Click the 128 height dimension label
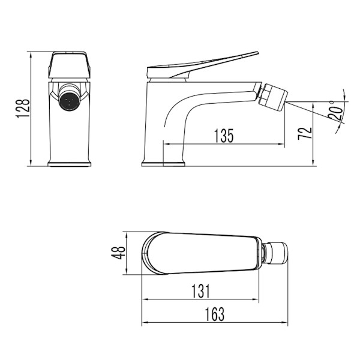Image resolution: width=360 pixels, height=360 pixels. click(23, 109)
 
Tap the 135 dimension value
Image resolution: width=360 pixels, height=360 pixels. click(224, 136)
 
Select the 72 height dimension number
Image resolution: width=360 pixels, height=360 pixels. click(305, 133)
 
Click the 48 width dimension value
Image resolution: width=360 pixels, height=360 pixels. click(118, 253)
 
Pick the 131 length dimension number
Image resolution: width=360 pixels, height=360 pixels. click(200, 291)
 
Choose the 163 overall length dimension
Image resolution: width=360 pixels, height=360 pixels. click(215, 314)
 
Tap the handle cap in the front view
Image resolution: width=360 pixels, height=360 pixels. click(70, 65)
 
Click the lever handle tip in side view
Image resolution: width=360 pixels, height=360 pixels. click(257, 53)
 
